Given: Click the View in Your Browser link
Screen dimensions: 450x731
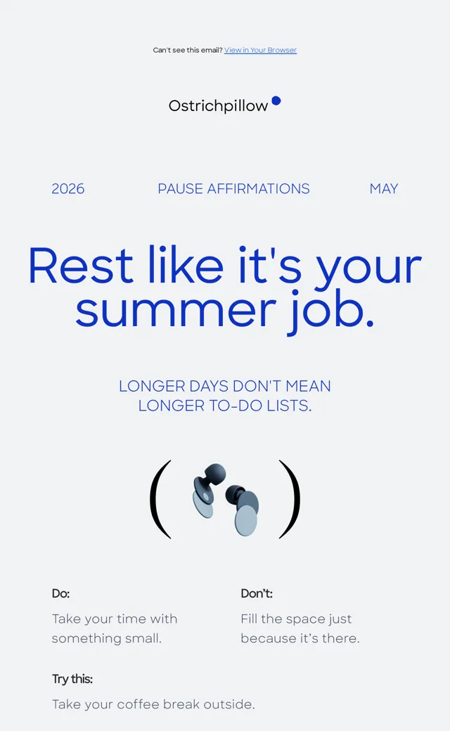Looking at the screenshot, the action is (x=260, y=51).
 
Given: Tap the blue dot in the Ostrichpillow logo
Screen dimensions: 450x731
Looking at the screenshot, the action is (x=276, y=101).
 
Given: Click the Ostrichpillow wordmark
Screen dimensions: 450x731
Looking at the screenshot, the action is (x=218, y=106).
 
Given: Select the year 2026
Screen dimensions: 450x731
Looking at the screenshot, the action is (x=68, y=189).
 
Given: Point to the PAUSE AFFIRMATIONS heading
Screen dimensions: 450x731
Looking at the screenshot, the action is (x=233, y=189).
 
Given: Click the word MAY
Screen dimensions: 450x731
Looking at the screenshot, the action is (x=384, y=189).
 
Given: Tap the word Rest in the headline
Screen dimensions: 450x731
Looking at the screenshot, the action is (x=81, y=265).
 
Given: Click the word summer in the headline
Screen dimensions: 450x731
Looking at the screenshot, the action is (x=176, y=311).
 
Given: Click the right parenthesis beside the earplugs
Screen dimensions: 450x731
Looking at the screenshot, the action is (x=290, y=499).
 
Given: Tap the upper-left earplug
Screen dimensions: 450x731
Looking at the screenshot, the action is (x=208, y=489).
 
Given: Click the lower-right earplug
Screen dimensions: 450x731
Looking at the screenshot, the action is (x=242, y=510).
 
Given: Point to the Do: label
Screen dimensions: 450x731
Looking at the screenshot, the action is (x=60, y=593).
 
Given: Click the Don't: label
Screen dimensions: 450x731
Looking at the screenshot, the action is (x=257, y=593).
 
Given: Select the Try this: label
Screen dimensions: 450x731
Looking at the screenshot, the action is (x=72, y=679).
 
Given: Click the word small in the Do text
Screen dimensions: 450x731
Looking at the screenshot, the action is (x=143, y=638).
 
